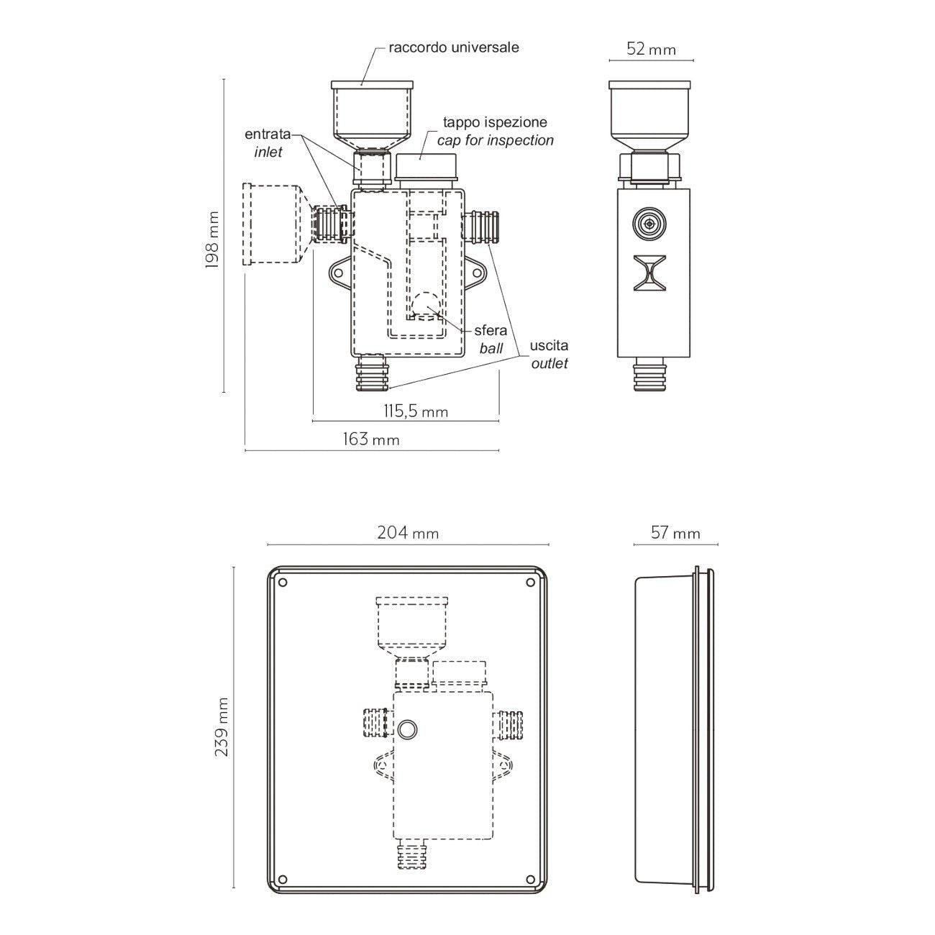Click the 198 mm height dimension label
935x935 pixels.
click(x=212, y=240)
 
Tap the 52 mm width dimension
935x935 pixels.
click(x=651, y=49)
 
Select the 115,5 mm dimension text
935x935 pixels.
click(x=415, y=411)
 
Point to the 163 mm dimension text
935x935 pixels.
click(x=371, y=439)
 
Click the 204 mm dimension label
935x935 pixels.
click(x=408, y=533)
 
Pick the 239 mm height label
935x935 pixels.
click(x=222, y=727)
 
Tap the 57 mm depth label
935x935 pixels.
click(x=675, y=533)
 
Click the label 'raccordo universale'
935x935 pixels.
click(x=454, y=47)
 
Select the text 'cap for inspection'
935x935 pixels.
click(x=495, y=140)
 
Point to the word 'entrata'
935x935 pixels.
click(x=268, y=134)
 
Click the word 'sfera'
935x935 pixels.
click(x=491, y=330)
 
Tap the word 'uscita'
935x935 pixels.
click(x=549, y=345)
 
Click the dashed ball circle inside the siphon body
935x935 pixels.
click(x=426, y=306)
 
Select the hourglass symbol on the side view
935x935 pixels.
click(x=649, y=273)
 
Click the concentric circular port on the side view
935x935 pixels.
click(x=649, y=224)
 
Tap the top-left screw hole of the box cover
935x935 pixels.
click(x=283, y=583)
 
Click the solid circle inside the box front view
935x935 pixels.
click(x=406, y=729)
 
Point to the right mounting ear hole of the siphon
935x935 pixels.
click(x=476, y=273)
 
